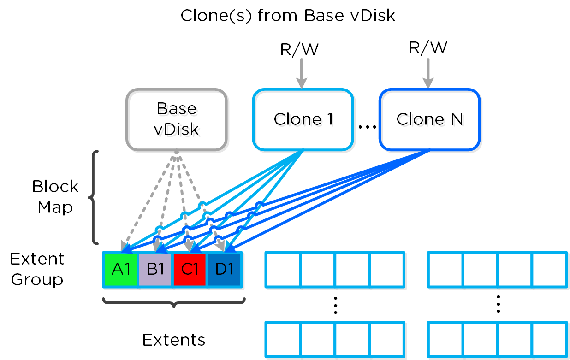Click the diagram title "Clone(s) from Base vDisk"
point(288,15)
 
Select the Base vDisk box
point(177,119)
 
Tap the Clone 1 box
point(303,119)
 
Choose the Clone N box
point(429,119)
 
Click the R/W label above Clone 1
point(300,49)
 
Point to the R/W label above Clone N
point(428,47)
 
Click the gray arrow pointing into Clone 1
point(301,74)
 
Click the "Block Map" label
point(55,197)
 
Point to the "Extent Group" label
point(37,269)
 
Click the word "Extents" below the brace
point(174,340)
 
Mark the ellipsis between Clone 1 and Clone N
point(367,126)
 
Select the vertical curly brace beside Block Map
point(94,197)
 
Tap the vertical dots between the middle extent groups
point(335,305)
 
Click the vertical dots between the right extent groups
point(498,305)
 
